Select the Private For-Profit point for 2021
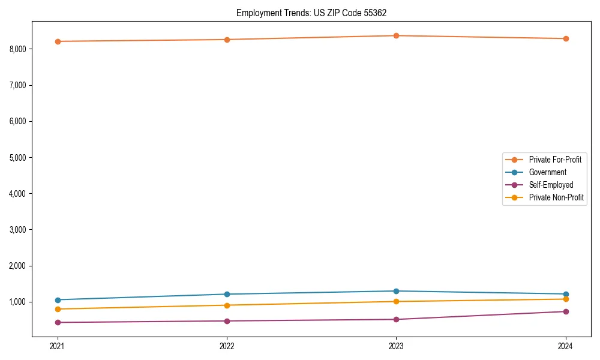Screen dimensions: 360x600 coord(58,41)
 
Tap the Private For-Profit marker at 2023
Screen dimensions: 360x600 coord(397,35)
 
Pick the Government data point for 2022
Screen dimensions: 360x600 coord(227,294)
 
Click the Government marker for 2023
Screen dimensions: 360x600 coord(397,291)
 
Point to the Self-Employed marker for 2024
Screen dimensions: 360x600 coord(566,311)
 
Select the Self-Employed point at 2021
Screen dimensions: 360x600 coord(58,322)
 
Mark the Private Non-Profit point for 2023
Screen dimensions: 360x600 coord(397,301)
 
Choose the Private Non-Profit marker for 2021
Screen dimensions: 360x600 coord(58,309)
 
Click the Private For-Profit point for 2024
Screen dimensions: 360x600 coord(566,38)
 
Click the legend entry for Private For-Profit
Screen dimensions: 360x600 coord(554,160)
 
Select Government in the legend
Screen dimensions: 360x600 coord(547,172)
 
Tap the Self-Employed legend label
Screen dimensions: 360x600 coord(551,185)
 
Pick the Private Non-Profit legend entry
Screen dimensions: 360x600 coord(556,197)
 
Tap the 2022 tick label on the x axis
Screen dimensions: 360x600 coord(227,346)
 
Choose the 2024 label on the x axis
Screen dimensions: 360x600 coord(566,346)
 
